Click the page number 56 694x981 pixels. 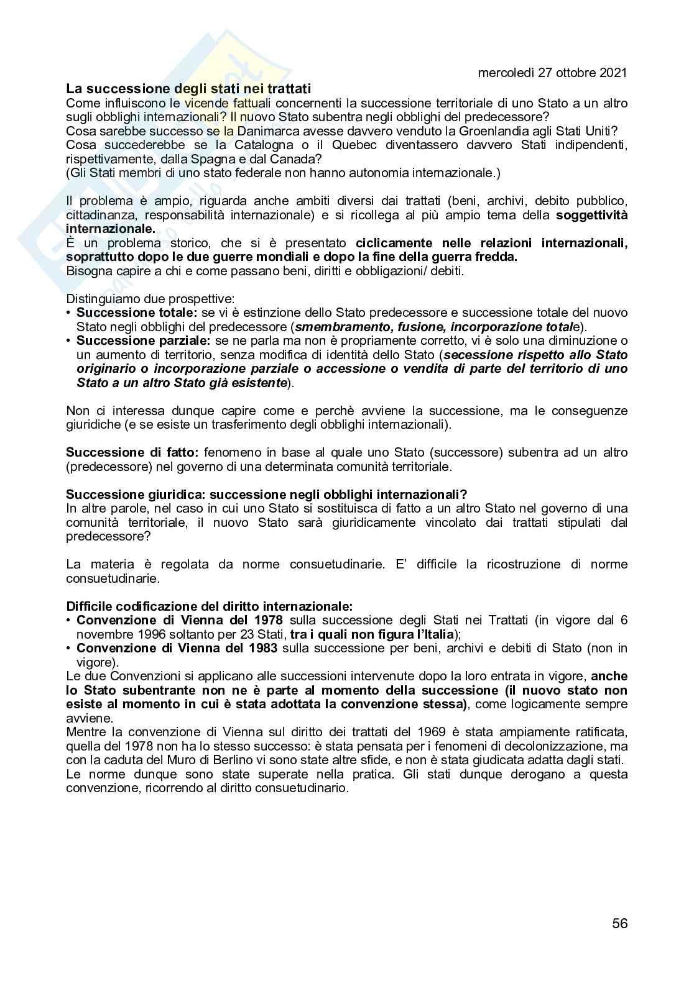coord(619,923)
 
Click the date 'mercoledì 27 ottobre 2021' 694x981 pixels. coord(552,73)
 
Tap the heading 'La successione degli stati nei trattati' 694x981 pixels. coord(188,89)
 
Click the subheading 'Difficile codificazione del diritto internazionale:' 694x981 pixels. coord(209,606)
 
